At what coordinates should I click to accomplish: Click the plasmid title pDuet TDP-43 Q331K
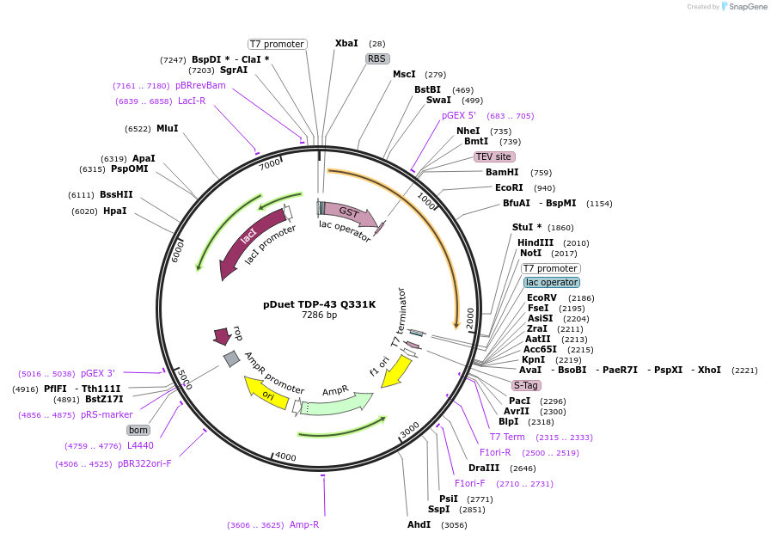[319, 304]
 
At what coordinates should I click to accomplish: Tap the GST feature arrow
[347, 212]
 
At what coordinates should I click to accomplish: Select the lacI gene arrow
[245, 240]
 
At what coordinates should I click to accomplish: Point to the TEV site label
[494, 156]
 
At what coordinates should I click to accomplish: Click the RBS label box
[377, 58]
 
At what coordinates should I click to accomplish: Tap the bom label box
[138, 430]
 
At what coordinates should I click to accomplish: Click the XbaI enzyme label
[346, 43]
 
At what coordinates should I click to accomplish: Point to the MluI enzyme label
[168, 128]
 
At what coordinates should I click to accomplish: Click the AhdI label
[419, 524]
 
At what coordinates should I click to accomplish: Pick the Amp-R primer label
[304, 524]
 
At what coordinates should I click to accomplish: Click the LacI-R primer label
[192, 101]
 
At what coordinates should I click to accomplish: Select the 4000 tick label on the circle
[285, 456]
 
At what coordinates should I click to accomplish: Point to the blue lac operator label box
[552, 282]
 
